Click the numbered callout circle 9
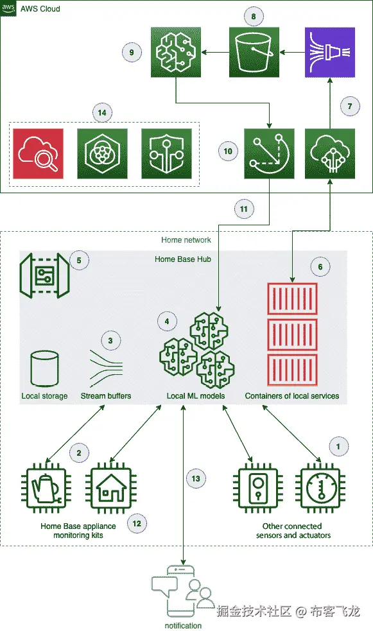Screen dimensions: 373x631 (x=132, y=52)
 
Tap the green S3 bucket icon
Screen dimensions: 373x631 (x=254, y=52)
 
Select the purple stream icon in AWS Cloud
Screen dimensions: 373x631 (x=330, y=52)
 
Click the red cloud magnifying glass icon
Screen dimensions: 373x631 (x=39, y=153)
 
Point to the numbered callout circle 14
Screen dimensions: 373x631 (x=102, y=113)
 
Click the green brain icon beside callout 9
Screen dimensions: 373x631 (x=176, y=52)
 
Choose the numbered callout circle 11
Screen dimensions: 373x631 (x=244, y=209)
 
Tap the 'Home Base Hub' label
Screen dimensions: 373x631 (x=183, y=259)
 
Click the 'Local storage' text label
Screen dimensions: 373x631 (x=44, y=396)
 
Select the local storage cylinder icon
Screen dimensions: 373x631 (x=44, y=368)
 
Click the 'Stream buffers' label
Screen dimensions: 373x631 (x=106, y=396)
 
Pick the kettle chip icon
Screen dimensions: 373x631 (x=46, y=488)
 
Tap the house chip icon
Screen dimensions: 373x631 (x=110, y=488)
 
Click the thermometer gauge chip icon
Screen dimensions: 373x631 (x=320, y=488)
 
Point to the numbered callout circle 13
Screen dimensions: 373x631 (x=196, y=478)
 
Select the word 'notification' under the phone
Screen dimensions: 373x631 (x=183, y=625)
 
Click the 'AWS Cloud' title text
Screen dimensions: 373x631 (x=40, y=9)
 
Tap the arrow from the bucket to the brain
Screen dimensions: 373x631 (x=215, y=52)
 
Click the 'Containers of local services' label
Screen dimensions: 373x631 (x=292, y=396)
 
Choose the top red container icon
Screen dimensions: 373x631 (x=293, y=298)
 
